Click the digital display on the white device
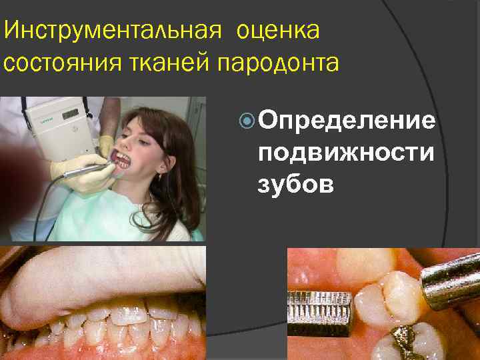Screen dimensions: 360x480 tap(72, 115)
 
